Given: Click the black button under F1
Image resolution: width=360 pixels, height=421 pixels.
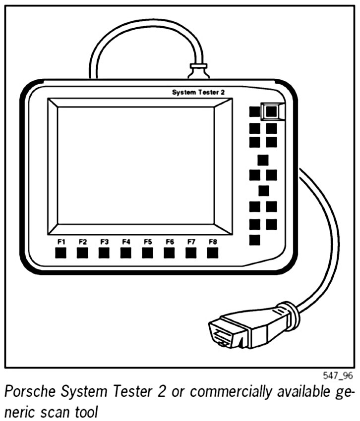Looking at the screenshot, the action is point(60,253).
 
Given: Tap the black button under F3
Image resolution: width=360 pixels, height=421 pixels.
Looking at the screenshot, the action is point(104,253).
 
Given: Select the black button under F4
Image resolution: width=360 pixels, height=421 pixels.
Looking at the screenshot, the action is point(125,253).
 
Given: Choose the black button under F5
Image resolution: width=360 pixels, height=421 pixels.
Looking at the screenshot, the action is point(147,253).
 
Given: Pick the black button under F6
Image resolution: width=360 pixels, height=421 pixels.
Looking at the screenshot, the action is point(169,253).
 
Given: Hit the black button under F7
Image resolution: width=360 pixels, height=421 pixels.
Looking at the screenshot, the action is point(191,253).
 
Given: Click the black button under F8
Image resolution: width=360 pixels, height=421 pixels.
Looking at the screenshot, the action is point(213,253).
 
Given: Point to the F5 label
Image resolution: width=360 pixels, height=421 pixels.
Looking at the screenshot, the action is point(147,242).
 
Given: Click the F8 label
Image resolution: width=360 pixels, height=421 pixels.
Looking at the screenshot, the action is point(213,242).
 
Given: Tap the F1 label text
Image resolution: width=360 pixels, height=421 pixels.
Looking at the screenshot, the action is point(61,242).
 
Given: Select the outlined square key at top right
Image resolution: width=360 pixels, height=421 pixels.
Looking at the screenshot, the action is point(271,112).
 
